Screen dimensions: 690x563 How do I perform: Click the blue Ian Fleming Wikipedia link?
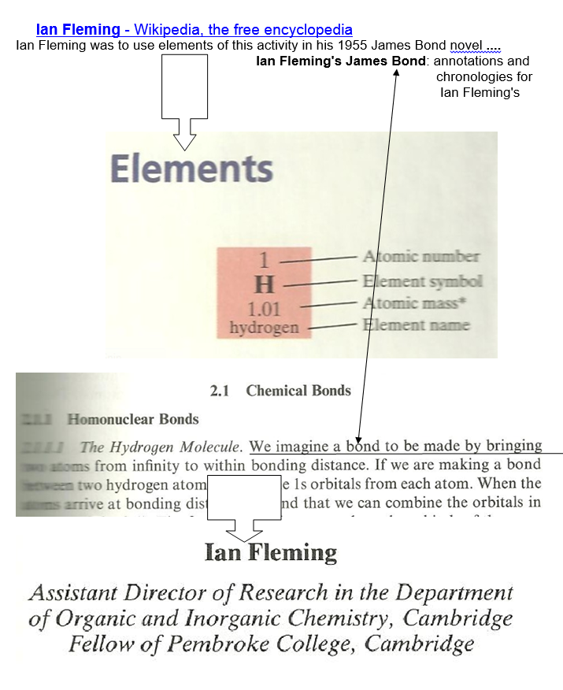pyautogui.click(x=194, y=31)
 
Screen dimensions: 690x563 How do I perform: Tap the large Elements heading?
pyautogui.click(x=191, y=169)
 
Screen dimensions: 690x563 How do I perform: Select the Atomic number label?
pyautogui.click(x=420, y=256)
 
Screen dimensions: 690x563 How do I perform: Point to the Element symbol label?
pyautogui.click(x=422, y=281)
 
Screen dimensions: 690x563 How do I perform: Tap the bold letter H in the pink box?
pyautogui.click(x=264, y=284)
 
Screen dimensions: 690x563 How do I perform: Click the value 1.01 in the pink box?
pyautogui.click(x=264, y=308)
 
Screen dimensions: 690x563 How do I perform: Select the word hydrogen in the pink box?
pyautogui.click(x=264, y=326)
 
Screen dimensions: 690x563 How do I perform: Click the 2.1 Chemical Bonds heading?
pyautogui.click(x=280, y=391)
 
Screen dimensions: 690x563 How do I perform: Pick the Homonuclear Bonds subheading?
pyautogui.click(x=133, y=419)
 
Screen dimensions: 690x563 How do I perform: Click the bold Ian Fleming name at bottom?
pyautogui.click(x=270, y=552)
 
